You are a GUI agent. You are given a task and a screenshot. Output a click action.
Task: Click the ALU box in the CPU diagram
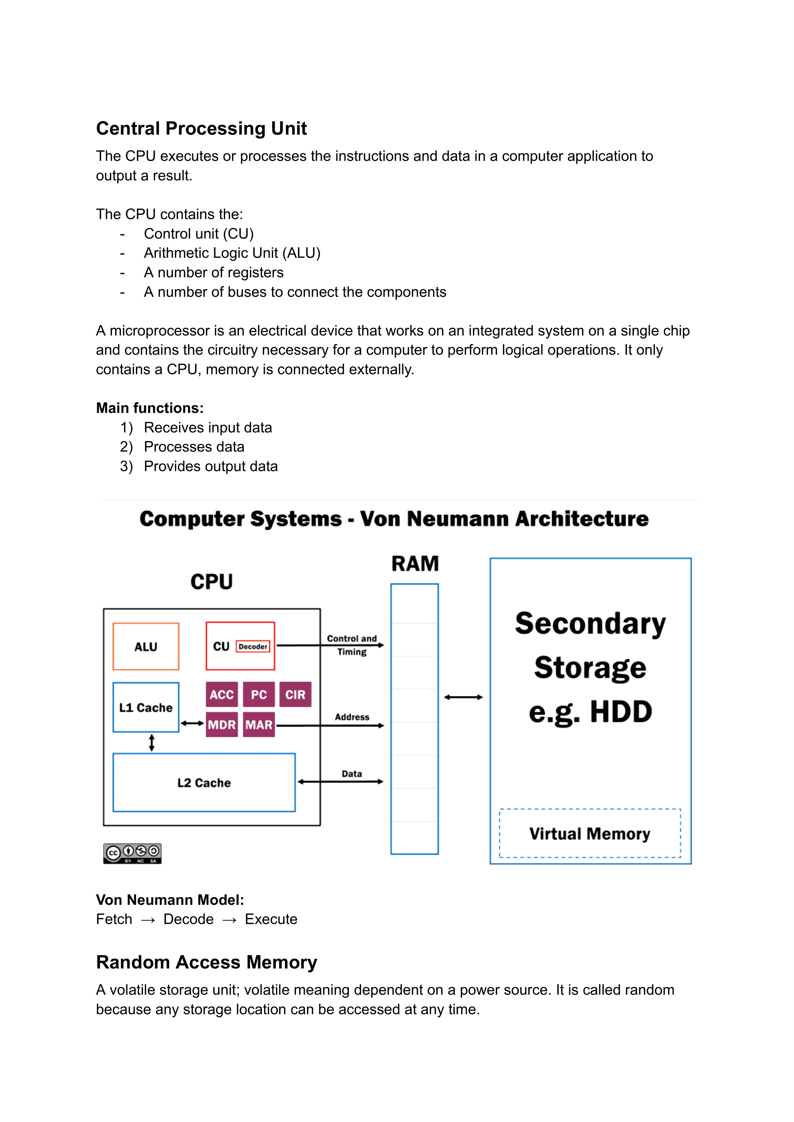146,646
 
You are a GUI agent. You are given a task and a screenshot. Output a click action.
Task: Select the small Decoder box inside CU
253,646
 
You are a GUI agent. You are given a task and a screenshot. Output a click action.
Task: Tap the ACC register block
222,694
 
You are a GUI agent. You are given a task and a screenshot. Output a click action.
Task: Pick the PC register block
259,694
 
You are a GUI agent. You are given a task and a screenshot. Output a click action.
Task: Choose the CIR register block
295,694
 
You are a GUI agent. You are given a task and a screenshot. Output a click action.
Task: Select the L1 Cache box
146,707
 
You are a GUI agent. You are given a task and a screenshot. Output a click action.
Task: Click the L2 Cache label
204,783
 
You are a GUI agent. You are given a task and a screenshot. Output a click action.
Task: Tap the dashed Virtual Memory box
590,834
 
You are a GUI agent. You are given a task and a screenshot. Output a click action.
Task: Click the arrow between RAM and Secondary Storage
463,697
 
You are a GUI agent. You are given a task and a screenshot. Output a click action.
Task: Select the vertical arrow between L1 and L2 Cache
152,743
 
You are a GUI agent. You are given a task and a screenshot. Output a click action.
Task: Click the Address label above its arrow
352,717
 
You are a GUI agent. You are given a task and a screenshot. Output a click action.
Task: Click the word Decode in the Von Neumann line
188,919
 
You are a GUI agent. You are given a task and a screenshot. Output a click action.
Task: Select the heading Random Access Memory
206,962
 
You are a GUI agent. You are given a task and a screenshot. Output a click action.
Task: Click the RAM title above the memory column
415,564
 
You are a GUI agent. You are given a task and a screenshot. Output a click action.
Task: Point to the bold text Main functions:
150,408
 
